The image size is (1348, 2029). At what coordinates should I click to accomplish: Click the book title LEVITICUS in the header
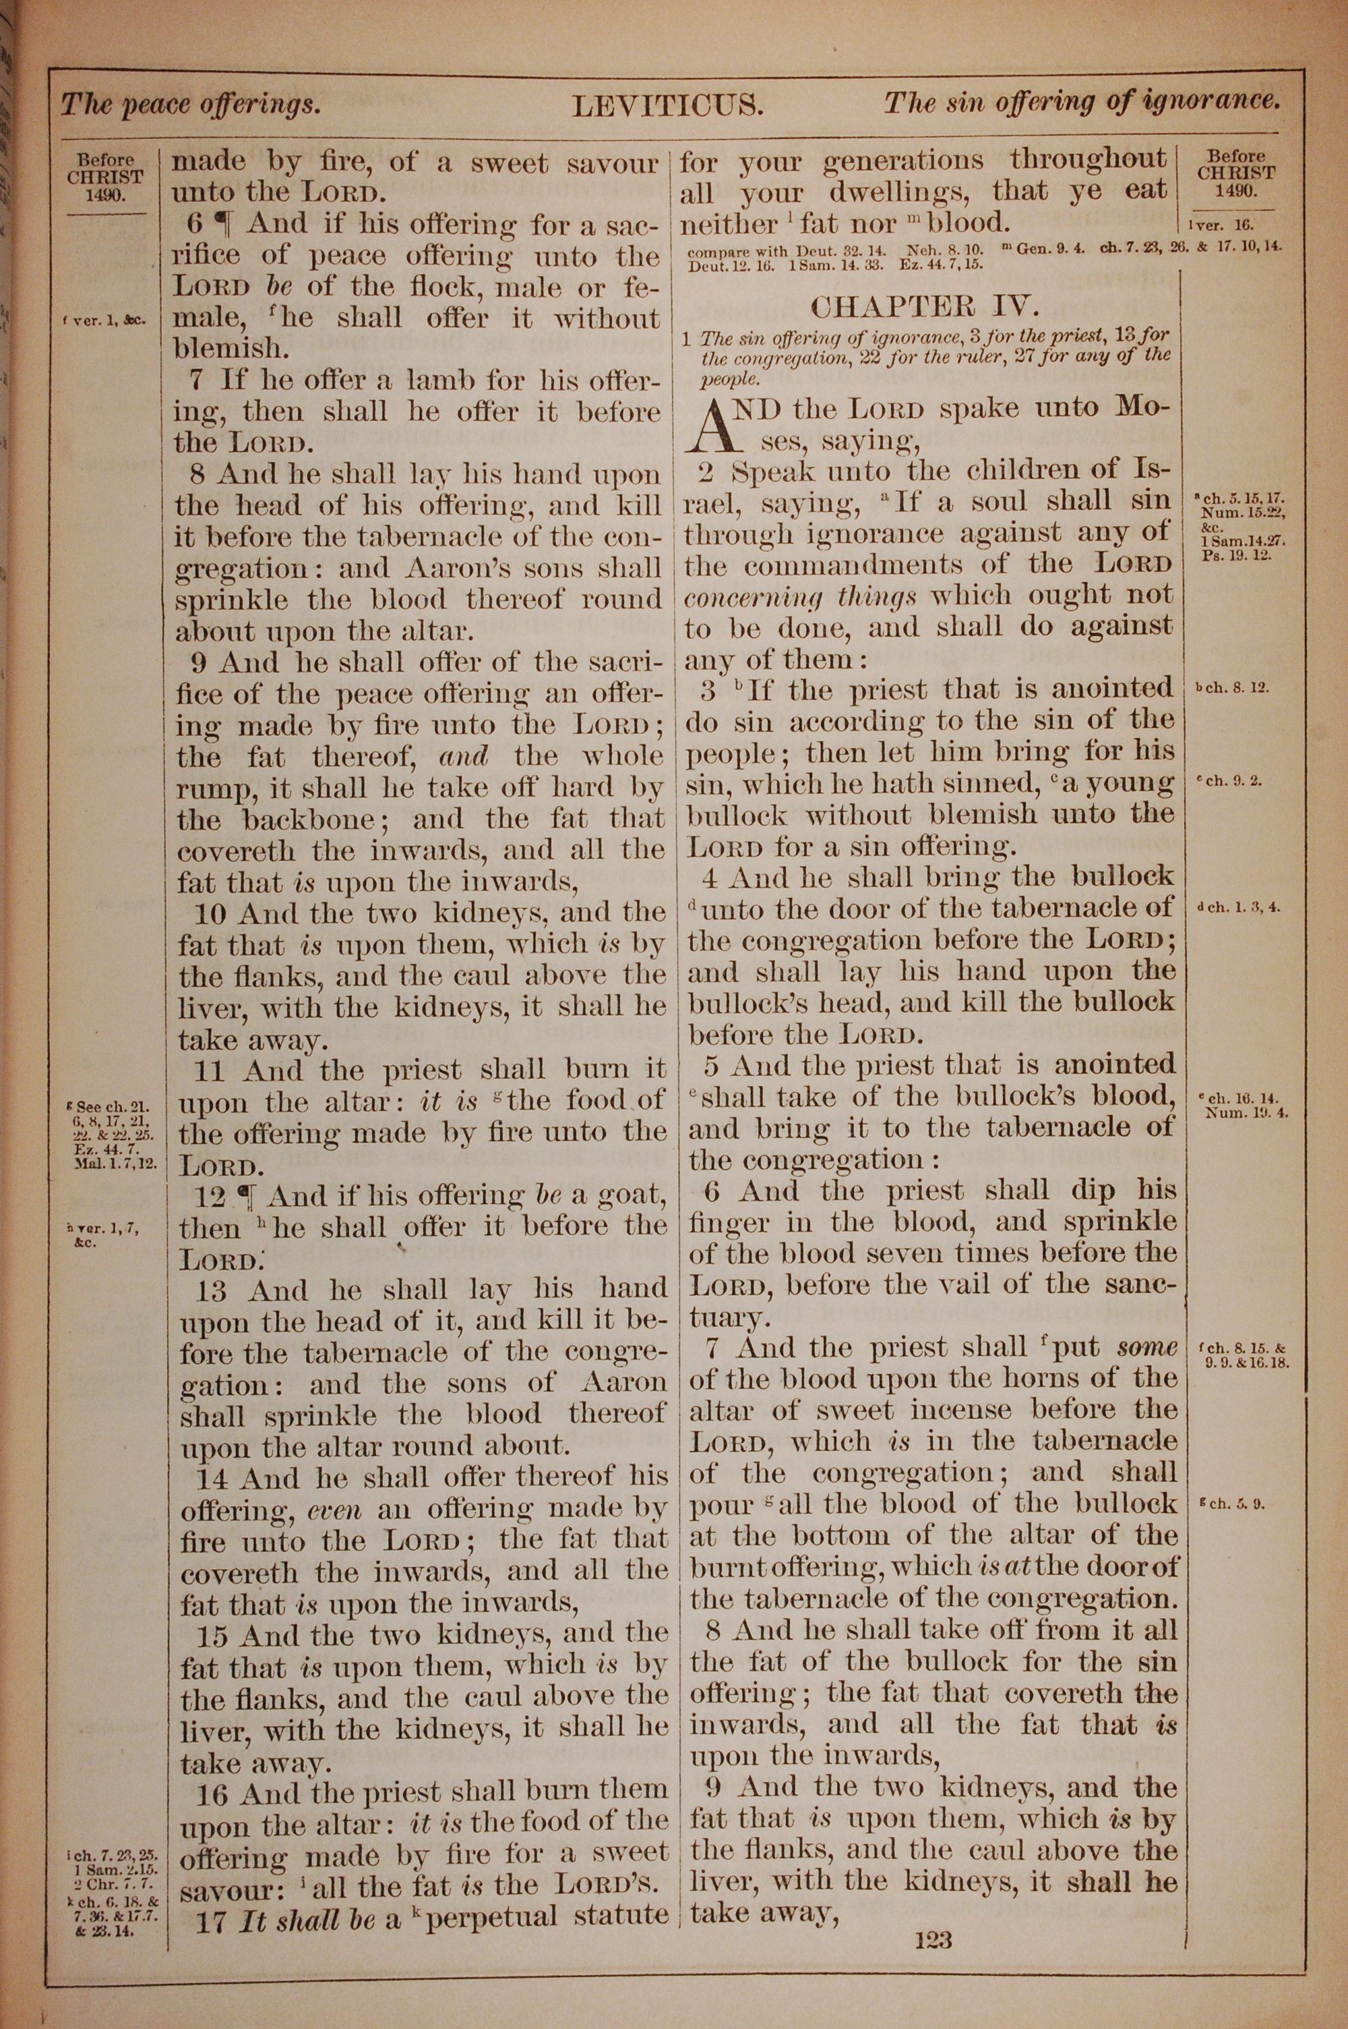[x=668, y=106]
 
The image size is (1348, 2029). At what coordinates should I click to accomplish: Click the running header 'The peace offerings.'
[x=191, y=106]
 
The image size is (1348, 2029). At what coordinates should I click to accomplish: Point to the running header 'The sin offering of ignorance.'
[x=1082, y=103]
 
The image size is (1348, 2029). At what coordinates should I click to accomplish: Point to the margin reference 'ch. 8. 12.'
[x=1232, y=689]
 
